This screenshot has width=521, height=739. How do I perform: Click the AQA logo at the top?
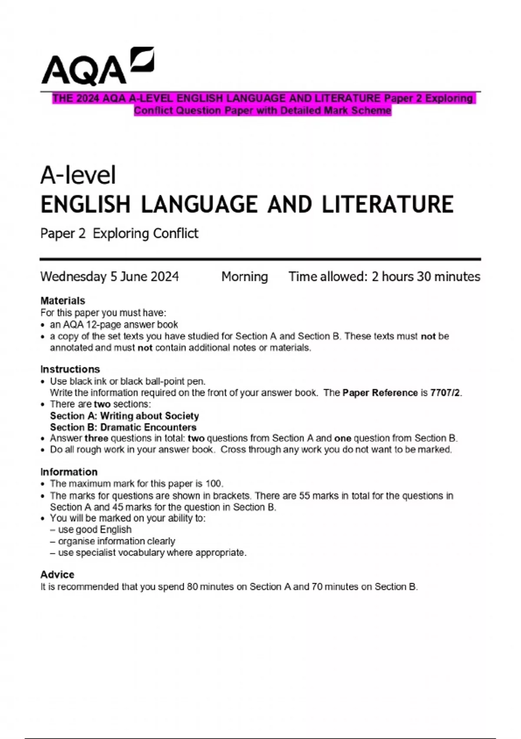point(97,66)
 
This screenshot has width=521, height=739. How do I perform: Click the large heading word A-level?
point(78,175)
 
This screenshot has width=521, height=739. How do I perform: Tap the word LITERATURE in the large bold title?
point(388,204)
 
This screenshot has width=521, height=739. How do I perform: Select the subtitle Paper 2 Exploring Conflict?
point(119,233)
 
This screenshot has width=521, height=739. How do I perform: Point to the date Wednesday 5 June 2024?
point(109,276)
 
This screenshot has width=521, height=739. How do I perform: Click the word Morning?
point(244,276)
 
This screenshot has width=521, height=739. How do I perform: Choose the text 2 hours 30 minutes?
point(426,276)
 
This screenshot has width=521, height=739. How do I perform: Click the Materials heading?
point(63,300)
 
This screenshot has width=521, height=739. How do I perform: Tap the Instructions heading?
point(70,369)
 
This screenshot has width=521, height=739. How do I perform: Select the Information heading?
point(69,472)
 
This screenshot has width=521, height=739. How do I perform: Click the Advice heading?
point(57,574)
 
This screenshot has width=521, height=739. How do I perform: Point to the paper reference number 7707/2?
point(445,393)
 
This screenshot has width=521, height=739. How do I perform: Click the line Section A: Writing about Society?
point(124,416)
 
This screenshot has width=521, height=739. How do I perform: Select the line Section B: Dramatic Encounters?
point(123,427)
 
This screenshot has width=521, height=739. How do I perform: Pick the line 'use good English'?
point(94,529)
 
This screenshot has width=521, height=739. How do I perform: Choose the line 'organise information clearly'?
point(116,541)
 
